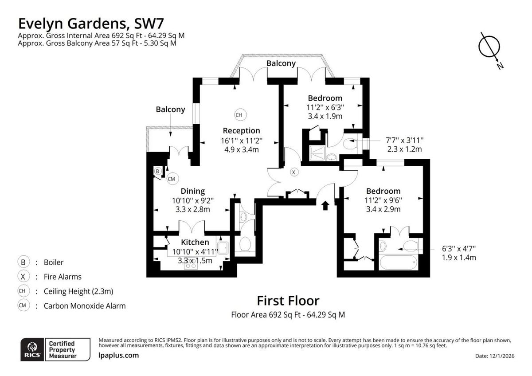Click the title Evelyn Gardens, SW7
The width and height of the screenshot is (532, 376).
pos(91,24)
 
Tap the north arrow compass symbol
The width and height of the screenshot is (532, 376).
pos(489,47)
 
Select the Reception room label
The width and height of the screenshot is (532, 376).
pos(241,131)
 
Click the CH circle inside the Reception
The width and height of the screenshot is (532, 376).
pos(240,115)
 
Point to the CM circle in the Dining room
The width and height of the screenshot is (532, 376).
pos(172,179)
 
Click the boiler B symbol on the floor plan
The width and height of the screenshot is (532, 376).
pos(158,171)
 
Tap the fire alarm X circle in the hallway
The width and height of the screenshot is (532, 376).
pos(293,172)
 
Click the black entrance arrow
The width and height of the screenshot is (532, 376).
pos(325,206)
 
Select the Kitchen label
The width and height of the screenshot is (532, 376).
pos(195,242)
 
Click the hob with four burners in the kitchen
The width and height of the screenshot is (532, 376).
pos(191,264)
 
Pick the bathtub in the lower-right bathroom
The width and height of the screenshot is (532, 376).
pos(399,262)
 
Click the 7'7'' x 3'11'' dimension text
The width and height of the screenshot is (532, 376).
pos(404,141)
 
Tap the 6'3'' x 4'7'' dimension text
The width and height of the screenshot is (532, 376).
pos(459,249)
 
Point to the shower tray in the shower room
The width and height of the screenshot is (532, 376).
pos(317,153)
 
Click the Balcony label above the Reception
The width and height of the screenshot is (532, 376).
pos(281,63)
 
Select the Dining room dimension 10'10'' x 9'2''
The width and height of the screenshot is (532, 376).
pos(192,201)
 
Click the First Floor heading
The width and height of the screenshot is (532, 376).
pos(288,301)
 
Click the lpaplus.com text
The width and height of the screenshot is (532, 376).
pos(118,356)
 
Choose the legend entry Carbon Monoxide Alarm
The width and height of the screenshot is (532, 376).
pos(85,306)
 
